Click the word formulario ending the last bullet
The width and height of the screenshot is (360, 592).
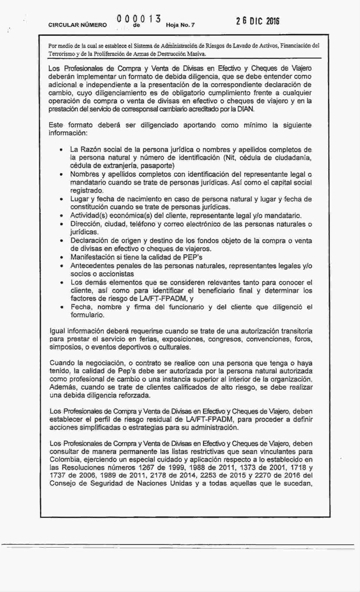tap(87, 316)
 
